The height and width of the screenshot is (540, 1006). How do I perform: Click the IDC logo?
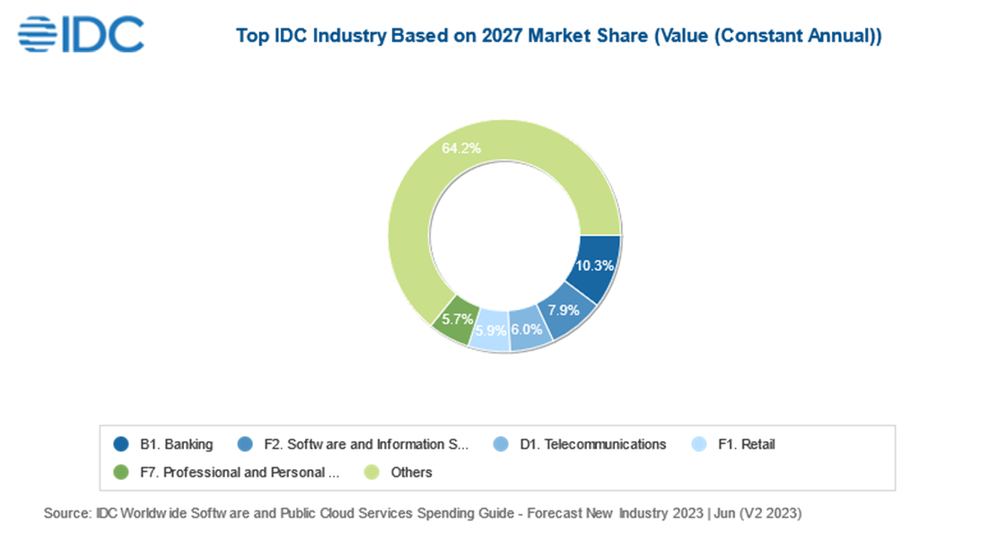81,34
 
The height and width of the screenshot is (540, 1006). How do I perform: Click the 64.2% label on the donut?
460,148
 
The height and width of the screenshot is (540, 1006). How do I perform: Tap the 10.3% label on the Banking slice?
595,266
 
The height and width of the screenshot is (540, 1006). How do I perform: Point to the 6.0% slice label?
527,329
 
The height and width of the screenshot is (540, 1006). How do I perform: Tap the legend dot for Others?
370,472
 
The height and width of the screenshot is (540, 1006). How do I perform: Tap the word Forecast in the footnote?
548,514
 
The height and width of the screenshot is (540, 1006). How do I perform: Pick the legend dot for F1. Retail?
700,444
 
